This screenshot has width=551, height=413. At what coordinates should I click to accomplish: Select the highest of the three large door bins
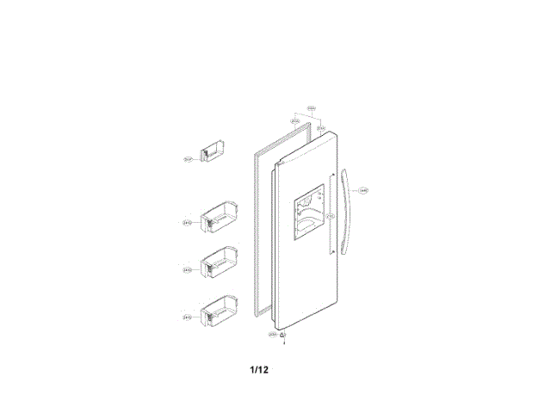pos(217,218)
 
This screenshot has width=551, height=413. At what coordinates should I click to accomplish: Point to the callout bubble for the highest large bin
pos(187,224)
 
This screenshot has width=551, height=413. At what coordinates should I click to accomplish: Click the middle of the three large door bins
pos(217,263)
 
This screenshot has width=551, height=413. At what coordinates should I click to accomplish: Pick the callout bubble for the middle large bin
pos(187,270)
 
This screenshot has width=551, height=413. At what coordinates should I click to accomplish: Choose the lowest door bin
pos(217,311)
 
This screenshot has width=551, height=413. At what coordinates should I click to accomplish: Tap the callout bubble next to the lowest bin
pos(187,317)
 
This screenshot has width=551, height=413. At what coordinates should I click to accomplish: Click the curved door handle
pos(347,213)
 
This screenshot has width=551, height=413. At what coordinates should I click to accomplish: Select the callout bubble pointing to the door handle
pos(363,191)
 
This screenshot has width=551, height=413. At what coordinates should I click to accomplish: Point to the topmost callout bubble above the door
pos(312,108)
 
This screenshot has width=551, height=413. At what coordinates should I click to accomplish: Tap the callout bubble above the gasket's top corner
pos(295,121)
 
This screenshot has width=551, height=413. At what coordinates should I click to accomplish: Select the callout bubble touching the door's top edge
pos(319,128)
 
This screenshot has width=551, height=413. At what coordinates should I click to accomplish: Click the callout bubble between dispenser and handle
pos(330,215)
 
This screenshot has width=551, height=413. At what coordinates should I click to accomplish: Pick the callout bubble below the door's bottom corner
pos(273,334)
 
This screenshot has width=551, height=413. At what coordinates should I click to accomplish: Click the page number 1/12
pos(259,370)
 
